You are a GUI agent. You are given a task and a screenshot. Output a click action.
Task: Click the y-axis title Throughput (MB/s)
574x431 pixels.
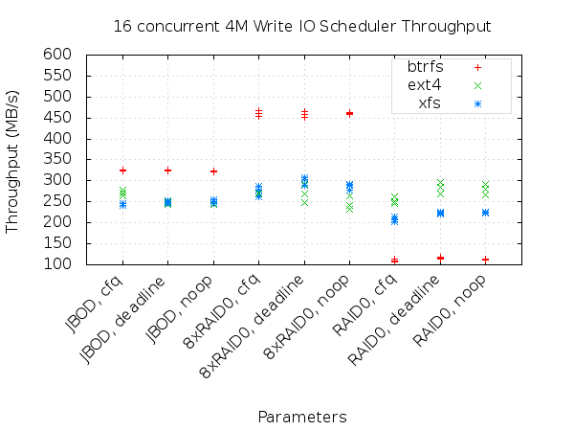[13, 159]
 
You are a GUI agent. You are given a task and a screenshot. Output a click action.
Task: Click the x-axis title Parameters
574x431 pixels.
[302, 417]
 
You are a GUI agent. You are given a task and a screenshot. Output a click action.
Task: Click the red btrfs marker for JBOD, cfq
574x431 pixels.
[122, 170]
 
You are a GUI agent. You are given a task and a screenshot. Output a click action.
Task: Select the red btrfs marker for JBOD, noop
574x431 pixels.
[213, 171]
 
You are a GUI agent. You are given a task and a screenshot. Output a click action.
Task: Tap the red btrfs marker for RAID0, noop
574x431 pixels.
[485, 260]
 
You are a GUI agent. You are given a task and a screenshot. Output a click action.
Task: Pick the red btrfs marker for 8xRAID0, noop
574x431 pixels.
[349, 113]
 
